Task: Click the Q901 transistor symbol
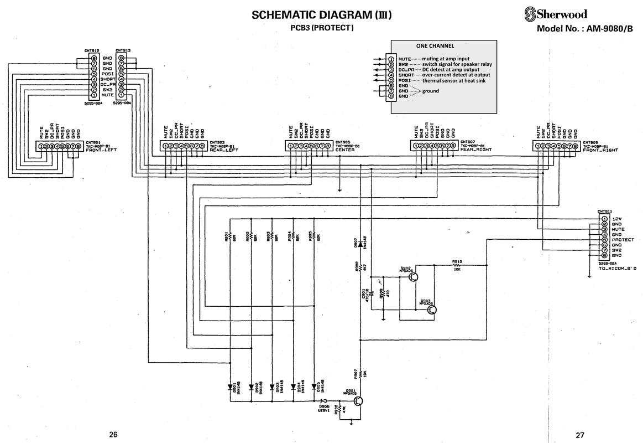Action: coord(359,401)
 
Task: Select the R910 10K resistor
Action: coord(457,265)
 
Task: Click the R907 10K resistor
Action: coord(360,374)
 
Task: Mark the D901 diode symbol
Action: coord(230,387)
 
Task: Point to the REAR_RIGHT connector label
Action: coord(476,150)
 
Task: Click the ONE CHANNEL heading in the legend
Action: coord(435,46)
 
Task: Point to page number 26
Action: coord(113,435)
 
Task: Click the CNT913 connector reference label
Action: coord(123,50)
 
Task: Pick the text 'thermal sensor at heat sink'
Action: coord(454,80)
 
